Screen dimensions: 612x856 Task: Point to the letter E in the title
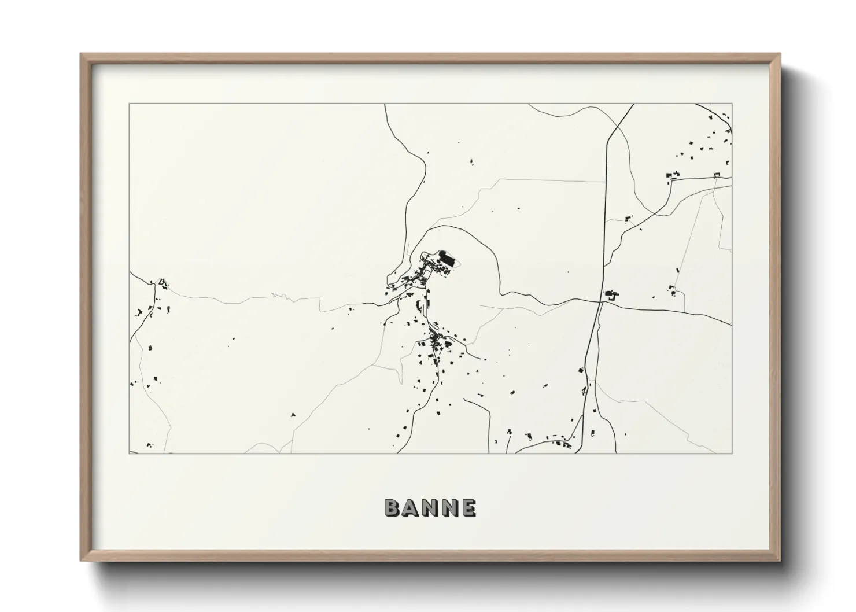[x=468, y=508]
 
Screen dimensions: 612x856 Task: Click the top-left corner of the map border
[x=130, y=104]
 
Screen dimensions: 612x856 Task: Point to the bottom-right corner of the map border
[x=732, y=453]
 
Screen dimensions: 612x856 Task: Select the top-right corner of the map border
[x=732, y=104]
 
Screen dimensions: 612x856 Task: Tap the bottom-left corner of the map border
[x=130, y=453]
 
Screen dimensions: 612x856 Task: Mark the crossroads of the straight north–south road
[x=600, y=301]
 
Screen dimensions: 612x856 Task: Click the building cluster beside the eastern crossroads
[x=611, y=295]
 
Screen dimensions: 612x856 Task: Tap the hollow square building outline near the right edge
[x=718, y=175]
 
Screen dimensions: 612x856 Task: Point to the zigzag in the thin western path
[x=282, y=296]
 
